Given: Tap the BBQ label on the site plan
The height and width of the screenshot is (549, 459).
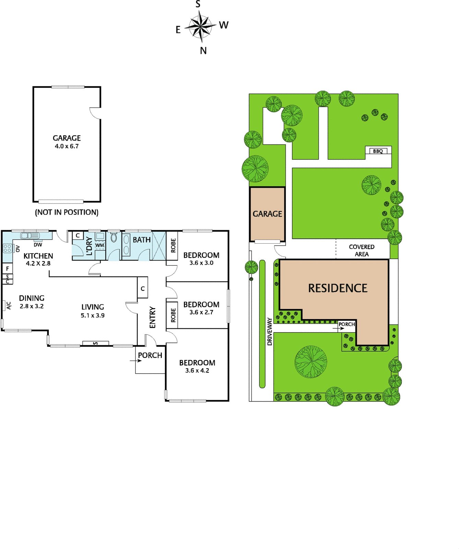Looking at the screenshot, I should [378, 151].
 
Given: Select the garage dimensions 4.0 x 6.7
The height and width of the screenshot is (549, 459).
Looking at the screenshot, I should [67, 146].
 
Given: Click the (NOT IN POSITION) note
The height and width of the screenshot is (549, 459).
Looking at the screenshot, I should [67, 212].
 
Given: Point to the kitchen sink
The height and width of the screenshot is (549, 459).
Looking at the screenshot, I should [30, 235].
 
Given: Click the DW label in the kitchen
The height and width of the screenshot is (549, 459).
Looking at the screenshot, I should [38, 245].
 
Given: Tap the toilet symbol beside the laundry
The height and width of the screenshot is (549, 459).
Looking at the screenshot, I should [114, 237].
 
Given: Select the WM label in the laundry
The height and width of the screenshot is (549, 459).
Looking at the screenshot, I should [99, 245].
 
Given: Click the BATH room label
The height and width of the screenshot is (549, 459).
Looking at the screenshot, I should [142, 240].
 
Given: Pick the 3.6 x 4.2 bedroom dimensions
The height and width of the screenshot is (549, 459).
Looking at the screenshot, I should [197, 371].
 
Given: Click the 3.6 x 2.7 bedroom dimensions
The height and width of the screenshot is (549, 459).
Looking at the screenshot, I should [201, 312].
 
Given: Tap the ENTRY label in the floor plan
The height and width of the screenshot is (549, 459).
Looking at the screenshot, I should [153, 317].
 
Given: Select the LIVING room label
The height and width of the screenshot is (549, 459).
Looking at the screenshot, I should [93, 307].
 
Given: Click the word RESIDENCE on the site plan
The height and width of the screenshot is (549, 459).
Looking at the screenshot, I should [338, 288].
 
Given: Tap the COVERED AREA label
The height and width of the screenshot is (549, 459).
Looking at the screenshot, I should [362, 250].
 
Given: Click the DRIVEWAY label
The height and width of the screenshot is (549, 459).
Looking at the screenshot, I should [270, 331].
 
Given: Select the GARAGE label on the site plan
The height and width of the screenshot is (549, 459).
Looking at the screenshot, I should [267, 214].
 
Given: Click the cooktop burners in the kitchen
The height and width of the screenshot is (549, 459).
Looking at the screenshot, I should [7, 248].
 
